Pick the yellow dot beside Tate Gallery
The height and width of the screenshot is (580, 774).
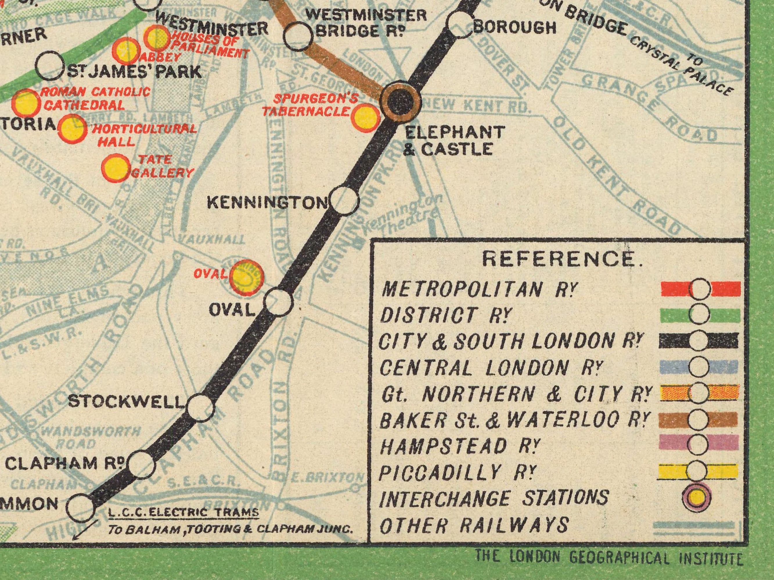[116, 168]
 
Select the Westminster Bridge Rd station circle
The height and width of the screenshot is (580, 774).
[298, 35]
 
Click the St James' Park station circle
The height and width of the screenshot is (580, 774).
[51, 66]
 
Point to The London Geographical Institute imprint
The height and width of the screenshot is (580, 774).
[609, 558]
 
